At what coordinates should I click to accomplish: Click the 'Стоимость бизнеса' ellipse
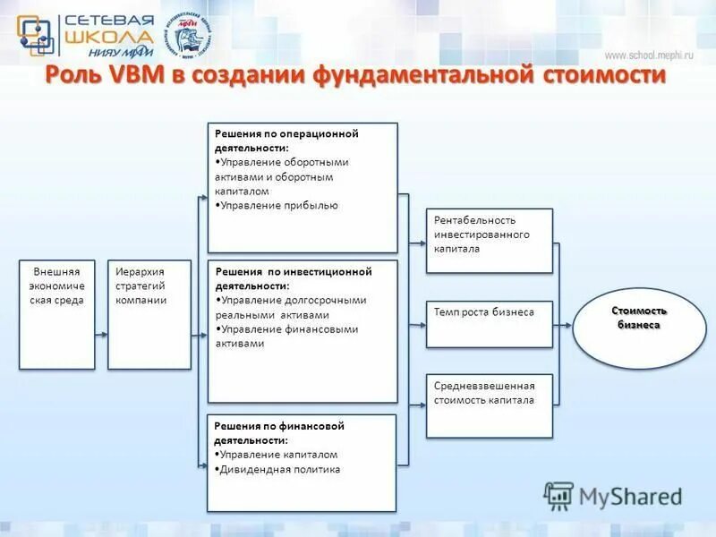tap(639, 324)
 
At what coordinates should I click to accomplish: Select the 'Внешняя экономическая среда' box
tap(56, 313)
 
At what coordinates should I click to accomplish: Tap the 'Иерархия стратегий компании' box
tap(149, 313)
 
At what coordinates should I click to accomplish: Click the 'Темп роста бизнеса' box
tap(489, 323)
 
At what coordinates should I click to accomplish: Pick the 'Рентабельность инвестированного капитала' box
tap(489, 240)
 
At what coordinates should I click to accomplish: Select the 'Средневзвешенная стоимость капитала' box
tap(489, 405)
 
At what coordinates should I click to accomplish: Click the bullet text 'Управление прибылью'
tap(278, 205)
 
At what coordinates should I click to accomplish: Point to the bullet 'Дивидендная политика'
tap(280, 469)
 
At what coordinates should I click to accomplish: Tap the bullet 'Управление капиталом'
tap(278, 455)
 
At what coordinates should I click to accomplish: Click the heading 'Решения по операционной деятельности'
tap(286, 141)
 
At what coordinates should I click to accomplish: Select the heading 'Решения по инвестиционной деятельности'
tap(293, 278)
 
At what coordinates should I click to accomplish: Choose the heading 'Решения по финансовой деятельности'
tap(279, 433)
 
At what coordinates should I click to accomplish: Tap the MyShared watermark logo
tap(613, 495)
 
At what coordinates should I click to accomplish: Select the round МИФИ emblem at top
tap(191, 37)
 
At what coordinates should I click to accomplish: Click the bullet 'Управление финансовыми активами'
tap(286, 337)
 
